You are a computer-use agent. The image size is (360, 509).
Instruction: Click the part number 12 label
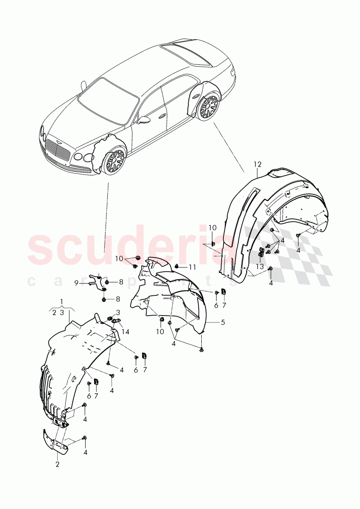click(257, 164)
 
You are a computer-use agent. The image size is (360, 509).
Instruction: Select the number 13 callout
click(260, 267)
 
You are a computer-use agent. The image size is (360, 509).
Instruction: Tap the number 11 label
click(192, 267)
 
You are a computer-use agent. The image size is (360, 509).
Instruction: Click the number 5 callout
click(223, 322)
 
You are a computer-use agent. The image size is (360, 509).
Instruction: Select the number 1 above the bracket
click(62, 301)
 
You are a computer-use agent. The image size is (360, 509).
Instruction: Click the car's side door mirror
click(144, 120)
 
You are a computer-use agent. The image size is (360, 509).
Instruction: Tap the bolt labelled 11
click(178, 267)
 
